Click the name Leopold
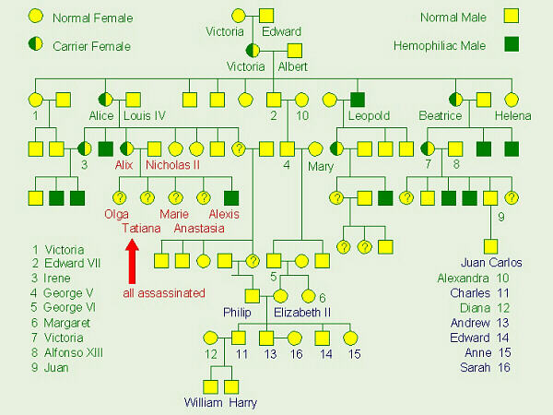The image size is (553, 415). tap(368, 116)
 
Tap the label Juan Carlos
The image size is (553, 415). tap(491, 262)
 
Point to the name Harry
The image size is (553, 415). tap(244, 402)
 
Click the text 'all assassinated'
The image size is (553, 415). tap(161, 293)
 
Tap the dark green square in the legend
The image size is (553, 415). tap(513, 43)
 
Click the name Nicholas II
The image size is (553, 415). tap(173, 165)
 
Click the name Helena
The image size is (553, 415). tap(512, 116)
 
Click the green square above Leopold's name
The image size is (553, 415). tap(356, 98)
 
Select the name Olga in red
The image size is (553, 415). tap(117, 214)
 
